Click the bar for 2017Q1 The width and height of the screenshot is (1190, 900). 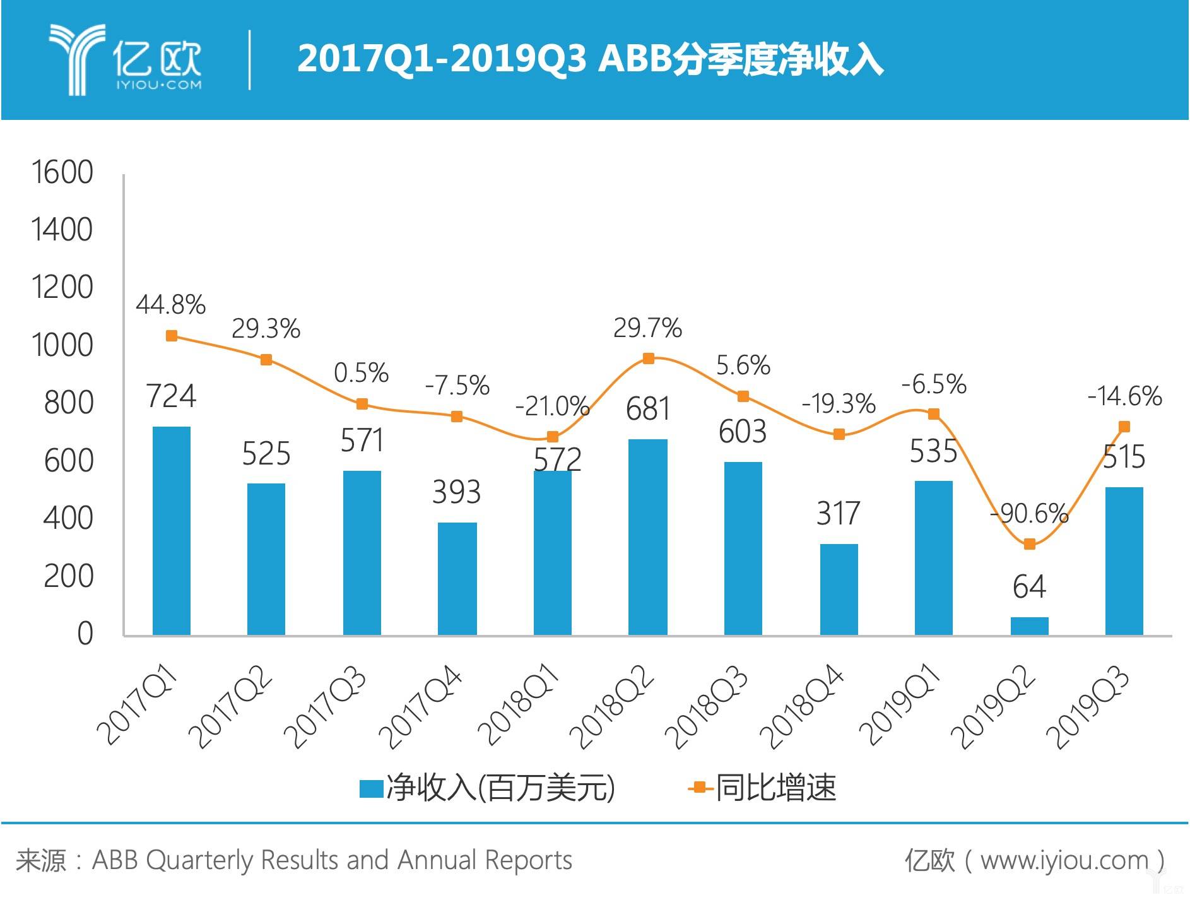(172, 530)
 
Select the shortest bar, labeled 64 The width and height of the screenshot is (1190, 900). (1029, 625)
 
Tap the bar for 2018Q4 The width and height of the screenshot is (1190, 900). (839, 589)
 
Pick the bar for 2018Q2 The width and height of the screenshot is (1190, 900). (648, 536)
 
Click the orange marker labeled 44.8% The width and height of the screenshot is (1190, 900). (172, 336)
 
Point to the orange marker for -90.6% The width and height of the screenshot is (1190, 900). (1029, 544)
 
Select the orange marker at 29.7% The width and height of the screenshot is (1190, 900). (648, 358)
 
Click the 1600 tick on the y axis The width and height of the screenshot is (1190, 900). (62, 172)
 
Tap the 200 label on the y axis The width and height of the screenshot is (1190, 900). (68, 576)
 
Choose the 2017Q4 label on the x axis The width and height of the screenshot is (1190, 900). (421, 706)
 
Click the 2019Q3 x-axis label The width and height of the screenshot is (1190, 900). (1087, 706)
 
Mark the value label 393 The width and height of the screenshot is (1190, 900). (456, 492)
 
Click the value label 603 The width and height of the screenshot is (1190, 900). (743, 432)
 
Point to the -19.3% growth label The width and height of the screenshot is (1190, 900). (839, 404)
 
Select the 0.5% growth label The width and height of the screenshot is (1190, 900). (361, 372)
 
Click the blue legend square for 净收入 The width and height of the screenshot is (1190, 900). (371, 788)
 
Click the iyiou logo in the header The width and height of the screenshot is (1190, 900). (126, 60)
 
